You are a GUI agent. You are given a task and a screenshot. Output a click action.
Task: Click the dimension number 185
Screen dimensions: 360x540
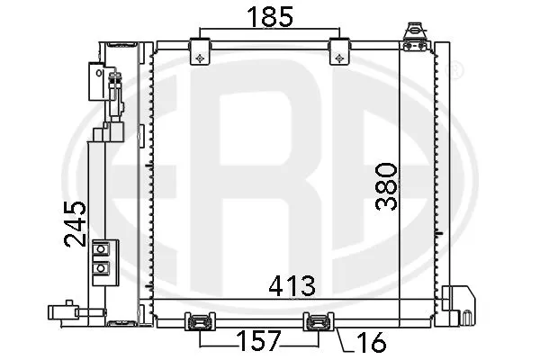(269, 15)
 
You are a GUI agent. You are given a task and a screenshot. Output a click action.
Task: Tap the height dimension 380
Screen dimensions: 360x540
(385, 185)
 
